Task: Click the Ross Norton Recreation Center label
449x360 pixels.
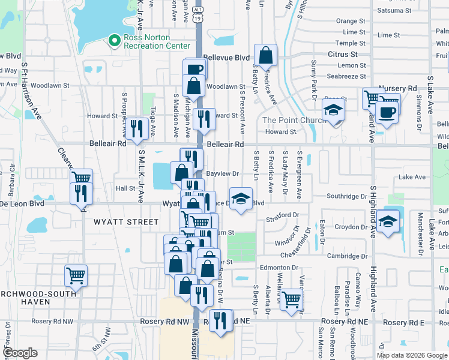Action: point(157,41)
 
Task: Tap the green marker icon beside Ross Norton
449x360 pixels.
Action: point(113,41)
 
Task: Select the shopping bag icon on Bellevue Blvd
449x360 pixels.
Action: point(265,56)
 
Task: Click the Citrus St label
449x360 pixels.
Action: point(343,54)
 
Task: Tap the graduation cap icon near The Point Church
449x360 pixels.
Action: point(333,110)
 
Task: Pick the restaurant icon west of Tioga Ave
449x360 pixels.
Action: point(137,128)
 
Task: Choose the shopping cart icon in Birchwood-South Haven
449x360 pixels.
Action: point(76,276)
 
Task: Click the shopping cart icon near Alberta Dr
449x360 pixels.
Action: point(292,299)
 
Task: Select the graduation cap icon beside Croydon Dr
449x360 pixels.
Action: point(388,221)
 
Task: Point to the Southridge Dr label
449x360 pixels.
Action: point(346,196)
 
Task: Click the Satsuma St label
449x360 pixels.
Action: point(394,10)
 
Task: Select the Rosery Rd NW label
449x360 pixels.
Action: point(170,322)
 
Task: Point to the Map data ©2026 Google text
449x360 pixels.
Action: point(412,355)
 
